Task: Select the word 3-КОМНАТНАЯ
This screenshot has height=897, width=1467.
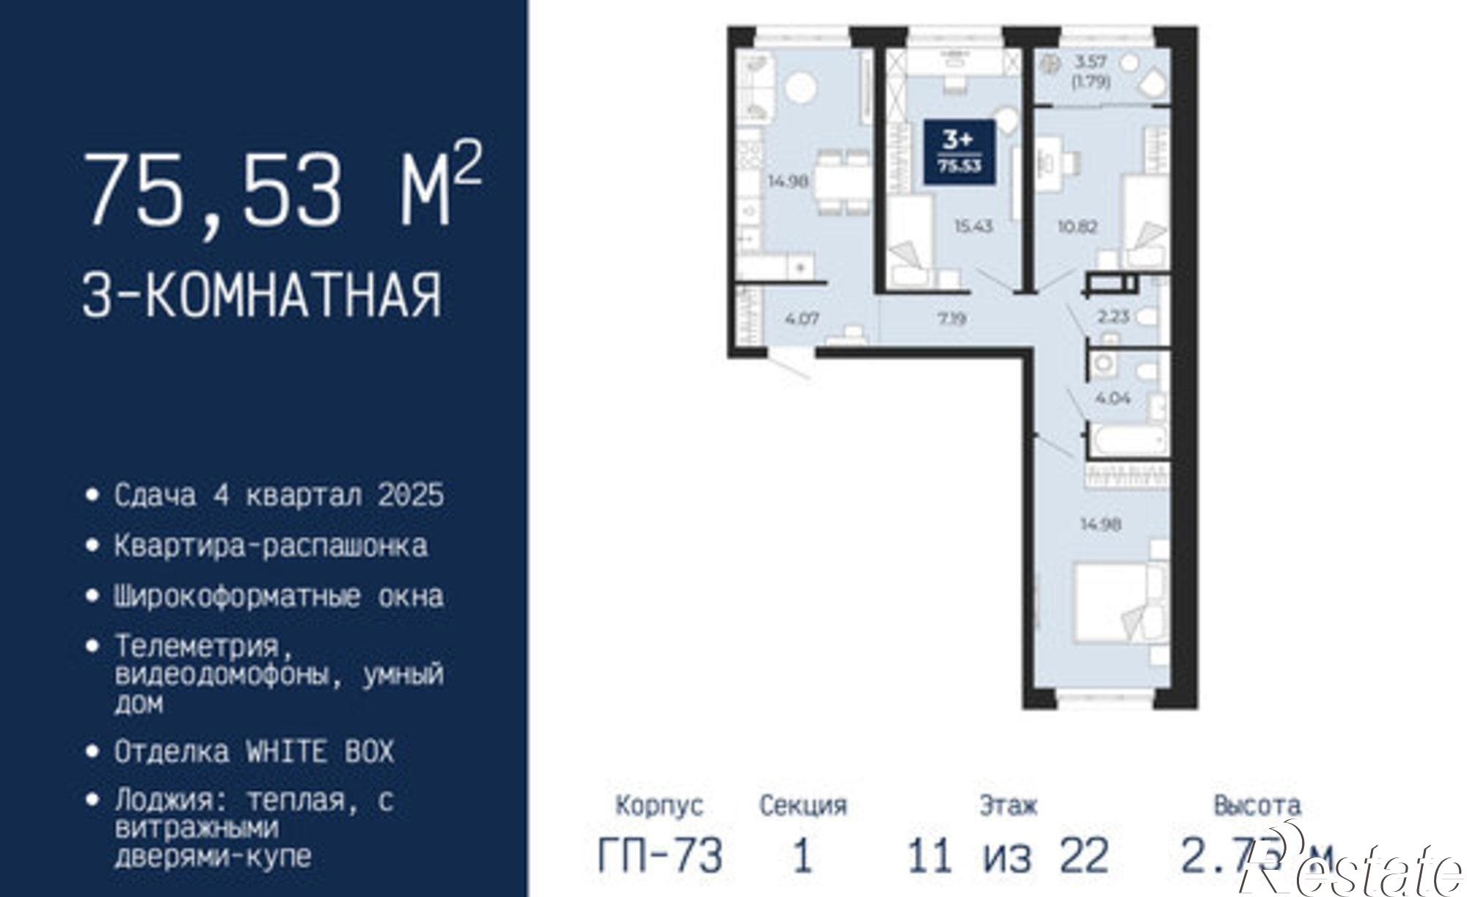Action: pos(262,295)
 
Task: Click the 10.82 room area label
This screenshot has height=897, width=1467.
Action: pos(1077,227)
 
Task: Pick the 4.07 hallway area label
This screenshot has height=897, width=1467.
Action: pos(802,319)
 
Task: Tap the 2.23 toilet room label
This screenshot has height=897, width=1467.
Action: pos(1113,317)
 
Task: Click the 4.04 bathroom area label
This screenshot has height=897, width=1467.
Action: pos(1112,398)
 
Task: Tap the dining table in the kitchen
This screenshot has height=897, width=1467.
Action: pos(844,182)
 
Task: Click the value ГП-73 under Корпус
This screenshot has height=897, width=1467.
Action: pos(659,855)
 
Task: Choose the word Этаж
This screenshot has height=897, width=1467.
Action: pos(1009,805)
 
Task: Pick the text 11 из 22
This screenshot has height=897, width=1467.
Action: pos(1008,855)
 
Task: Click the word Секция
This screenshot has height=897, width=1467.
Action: pos(802,805)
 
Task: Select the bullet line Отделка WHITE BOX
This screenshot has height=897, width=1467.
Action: pos(254,752)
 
